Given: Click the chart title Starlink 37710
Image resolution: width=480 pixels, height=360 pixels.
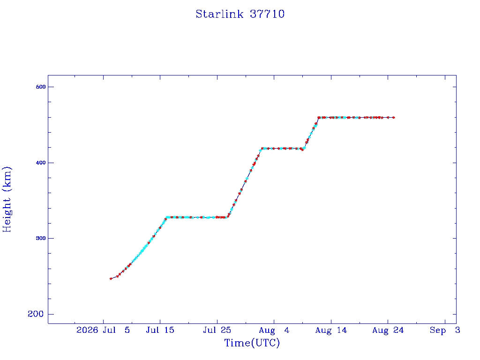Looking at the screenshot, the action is click(240, 14).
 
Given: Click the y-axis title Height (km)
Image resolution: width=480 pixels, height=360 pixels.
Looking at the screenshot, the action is click(7, 199).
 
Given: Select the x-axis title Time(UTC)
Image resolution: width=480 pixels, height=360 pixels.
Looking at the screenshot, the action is click(252, 343).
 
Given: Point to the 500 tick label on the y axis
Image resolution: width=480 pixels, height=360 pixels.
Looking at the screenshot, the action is click(41, 87).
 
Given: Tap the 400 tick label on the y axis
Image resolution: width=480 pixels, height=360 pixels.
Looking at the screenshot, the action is click(41, 163).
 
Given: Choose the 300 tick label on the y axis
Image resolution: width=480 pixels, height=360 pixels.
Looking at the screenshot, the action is click(41, 238).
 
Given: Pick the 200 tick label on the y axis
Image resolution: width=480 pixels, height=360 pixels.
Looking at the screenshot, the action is click(36, 314).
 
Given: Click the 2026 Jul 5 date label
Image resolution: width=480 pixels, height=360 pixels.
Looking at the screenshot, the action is click(103, 330).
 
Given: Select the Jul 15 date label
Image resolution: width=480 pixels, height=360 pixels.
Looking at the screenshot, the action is click(160, 330).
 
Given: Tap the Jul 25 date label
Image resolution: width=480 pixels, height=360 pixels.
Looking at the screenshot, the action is click(217, 330).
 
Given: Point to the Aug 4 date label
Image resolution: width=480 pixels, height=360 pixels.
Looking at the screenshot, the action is click(274, 330).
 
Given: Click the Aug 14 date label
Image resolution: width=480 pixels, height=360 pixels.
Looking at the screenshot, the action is click(331, 330).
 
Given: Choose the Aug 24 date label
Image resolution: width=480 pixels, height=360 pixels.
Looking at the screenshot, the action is click(388, 330).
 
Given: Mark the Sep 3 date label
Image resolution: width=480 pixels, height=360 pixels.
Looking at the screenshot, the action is click(445, 330).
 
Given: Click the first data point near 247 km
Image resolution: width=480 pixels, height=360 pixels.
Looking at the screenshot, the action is click(111, 278).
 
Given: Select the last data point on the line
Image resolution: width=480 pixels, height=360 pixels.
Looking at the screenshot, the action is click(394, 118).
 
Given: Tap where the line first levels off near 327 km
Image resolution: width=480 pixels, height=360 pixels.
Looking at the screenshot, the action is click(166, 217).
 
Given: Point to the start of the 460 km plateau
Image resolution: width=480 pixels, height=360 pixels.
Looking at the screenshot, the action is click(319, 118).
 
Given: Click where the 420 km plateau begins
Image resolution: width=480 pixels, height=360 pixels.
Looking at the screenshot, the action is click(261, 149).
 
